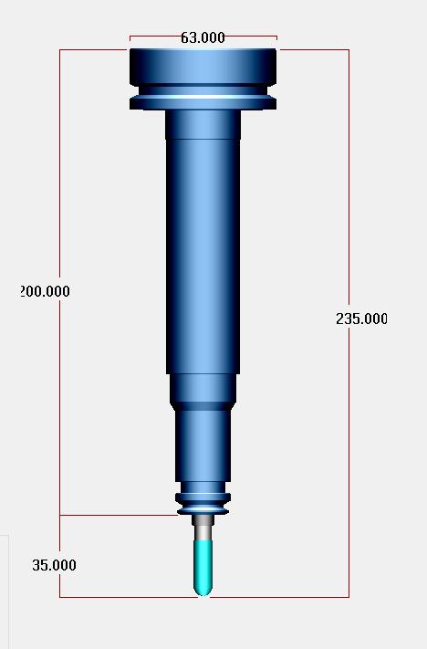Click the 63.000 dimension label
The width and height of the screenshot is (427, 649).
coord(203,37)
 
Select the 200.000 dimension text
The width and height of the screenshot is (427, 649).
coord(45,291)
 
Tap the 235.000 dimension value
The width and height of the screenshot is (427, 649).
coord(361,319)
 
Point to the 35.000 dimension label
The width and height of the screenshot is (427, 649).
coord(54,565)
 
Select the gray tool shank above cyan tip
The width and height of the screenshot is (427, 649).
coord(203,528)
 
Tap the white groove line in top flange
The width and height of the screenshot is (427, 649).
coord(203,98)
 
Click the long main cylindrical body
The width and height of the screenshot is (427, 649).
coord(203,256)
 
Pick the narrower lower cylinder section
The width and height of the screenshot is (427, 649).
coord(203,445)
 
